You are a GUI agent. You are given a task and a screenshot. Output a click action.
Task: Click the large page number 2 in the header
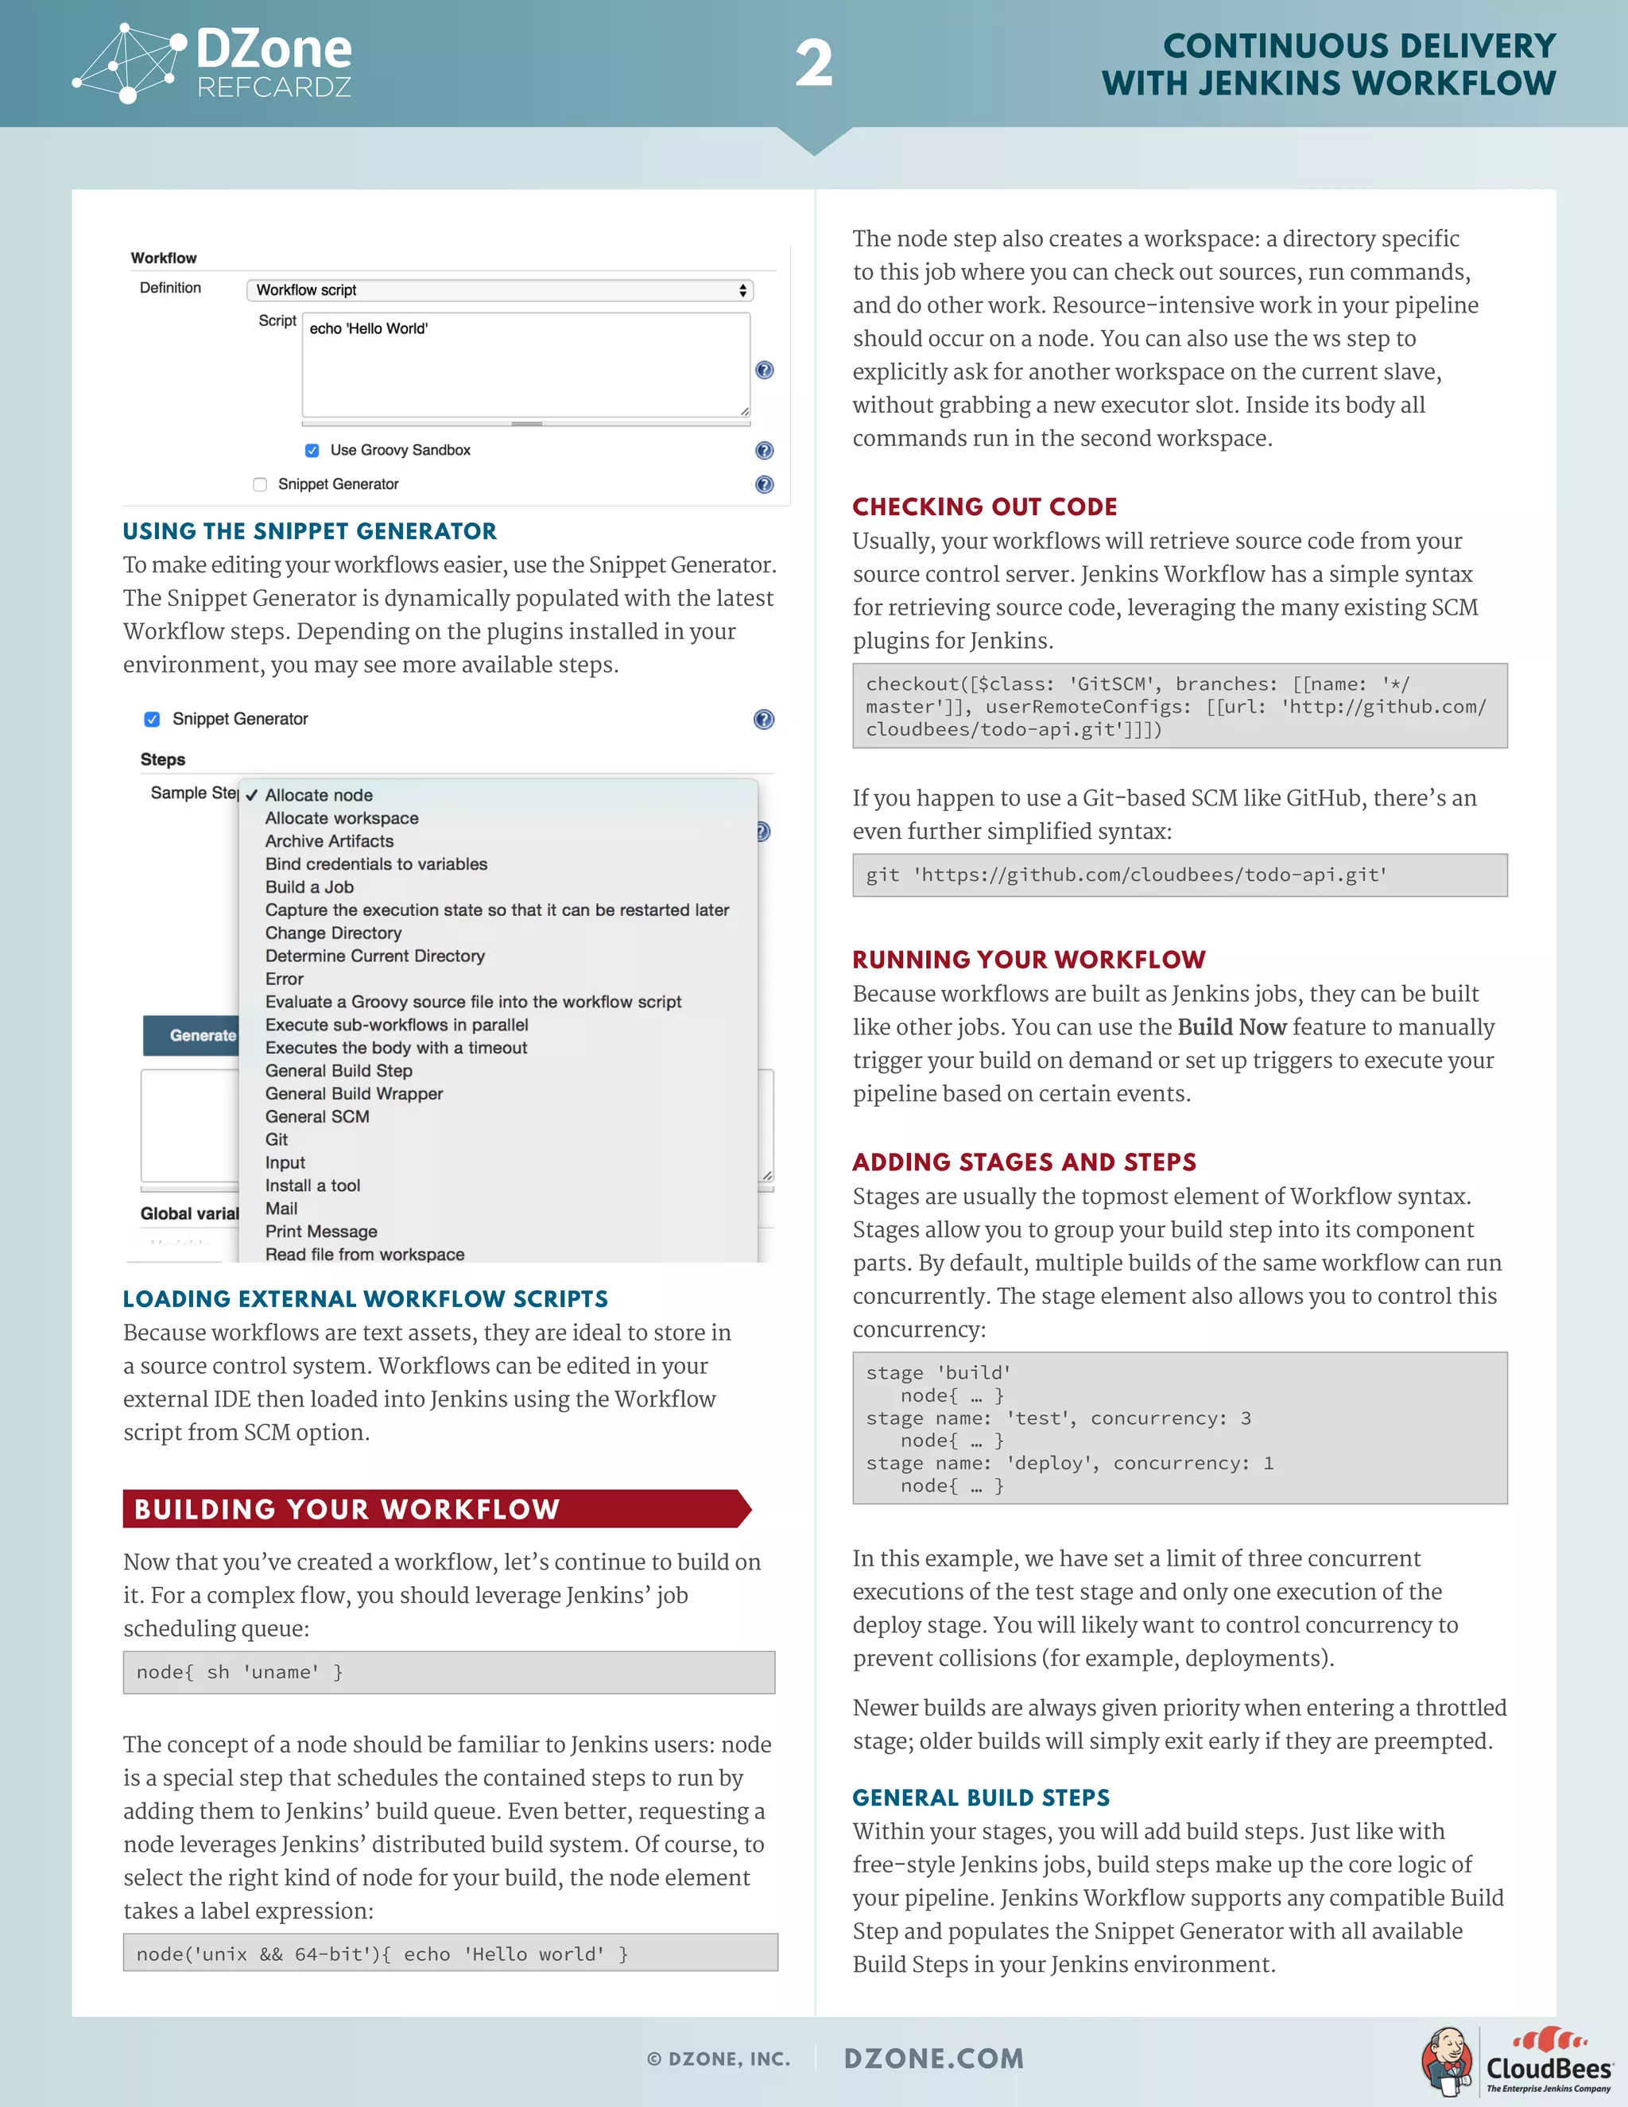[x=813, y=64]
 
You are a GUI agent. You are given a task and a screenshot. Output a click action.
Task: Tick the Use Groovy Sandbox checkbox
[x=312, y=451]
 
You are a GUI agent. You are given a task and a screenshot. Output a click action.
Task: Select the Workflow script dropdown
[x=499, y=290]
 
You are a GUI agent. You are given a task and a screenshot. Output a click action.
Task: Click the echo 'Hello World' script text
[x=368, y=329]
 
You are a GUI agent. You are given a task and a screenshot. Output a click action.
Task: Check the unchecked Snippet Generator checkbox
[x=259, y=484]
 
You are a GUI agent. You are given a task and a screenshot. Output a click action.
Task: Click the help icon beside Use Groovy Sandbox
[x=764, y=451]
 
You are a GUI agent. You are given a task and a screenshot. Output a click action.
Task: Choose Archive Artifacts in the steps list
[x=329, y=841]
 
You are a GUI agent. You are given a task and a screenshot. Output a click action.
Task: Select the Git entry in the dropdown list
[x=277, y=1139]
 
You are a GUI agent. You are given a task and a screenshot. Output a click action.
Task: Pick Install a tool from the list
[x=312, y=1185]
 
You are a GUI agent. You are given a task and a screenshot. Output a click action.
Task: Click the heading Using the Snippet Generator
[x=309, y=532]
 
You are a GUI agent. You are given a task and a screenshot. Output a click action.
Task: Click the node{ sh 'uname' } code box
[x=448, y=1673]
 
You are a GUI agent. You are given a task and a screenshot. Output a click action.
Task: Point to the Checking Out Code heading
[x=985, y=507]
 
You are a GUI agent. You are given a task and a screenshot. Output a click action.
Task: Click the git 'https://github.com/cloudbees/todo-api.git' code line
[x=1126, y=875]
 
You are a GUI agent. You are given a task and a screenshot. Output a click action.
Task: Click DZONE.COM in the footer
[x=933, y=2058]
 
